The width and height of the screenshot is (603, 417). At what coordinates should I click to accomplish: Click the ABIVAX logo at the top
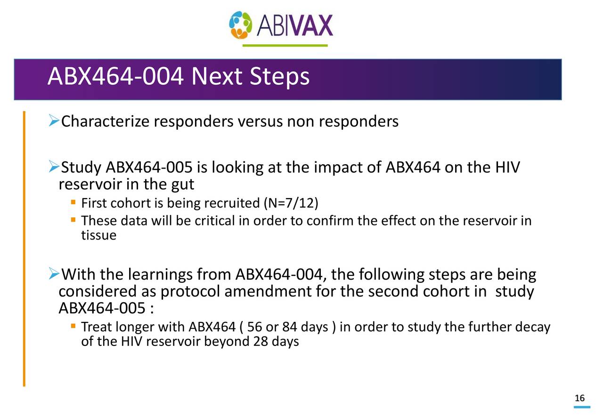(x=281, y=25)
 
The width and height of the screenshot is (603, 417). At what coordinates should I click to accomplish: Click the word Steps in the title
(x=279, y=77)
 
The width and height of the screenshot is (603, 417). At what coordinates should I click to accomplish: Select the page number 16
(x=579, y=399)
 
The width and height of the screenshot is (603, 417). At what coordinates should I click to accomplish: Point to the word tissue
(x=98, y=235)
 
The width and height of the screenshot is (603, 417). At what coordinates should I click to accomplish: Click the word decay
(x=533, y=327)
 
